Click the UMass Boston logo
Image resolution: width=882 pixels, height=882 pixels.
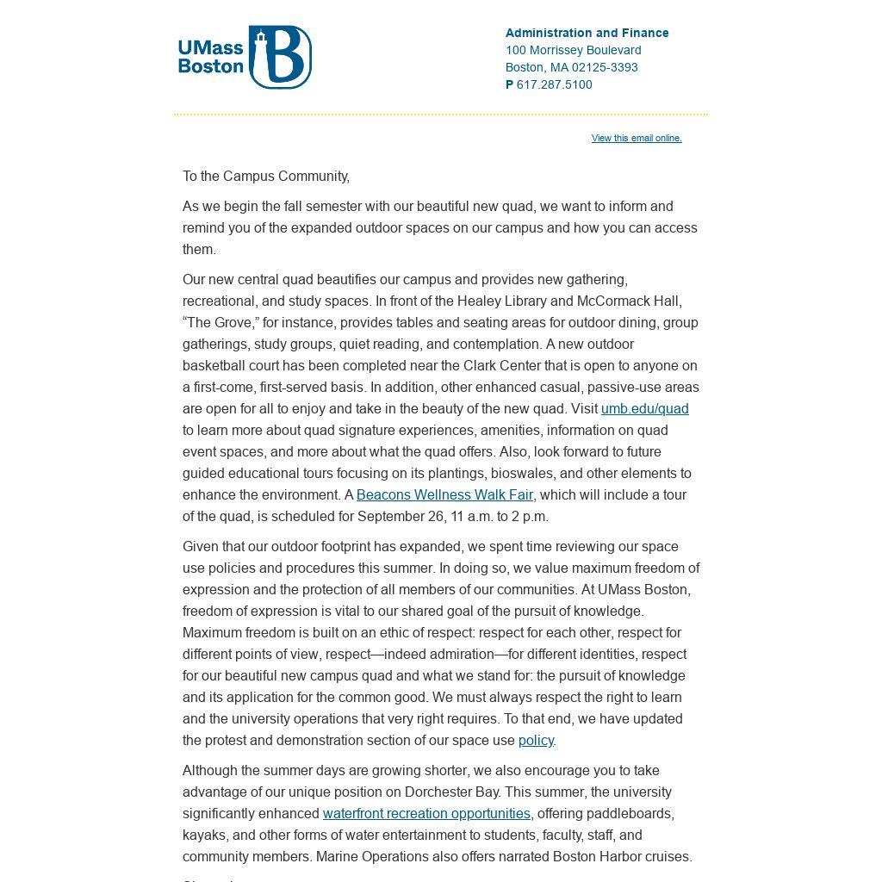pos(245,57)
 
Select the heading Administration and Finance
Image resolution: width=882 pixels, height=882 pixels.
pos(587,33)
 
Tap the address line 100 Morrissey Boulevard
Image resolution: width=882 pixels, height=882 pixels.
pos(573,50)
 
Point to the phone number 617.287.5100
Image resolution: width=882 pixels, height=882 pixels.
pos(554,84)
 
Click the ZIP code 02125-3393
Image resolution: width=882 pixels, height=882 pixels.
pos(605,67)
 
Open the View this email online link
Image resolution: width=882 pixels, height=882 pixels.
pos(637,138)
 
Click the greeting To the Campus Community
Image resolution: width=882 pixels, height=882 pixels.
pos(265,177)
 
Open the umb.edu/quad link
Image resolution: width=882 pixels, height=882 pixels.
pos(644,409)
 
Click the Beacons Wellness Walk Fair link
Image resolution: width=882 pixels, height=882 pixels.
pos(444,495)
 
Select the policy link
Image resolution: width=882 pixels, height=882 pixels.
pos(536,741)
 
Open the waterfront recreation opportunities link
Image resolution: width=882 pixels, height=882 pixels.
pos(426,814)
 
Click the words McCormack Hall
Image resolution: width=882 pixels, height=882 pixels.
pos(636,301)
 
